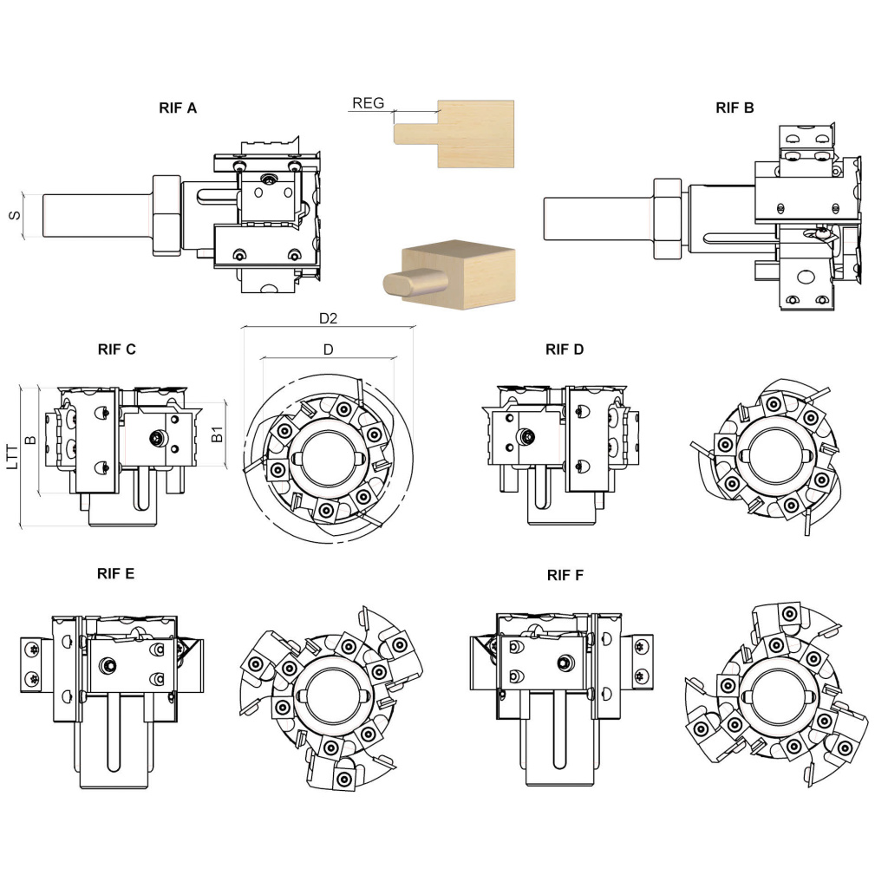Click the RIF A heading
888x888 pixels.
178,108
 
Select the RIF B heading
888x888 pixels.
735,108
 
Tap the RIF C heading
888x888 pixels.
116,349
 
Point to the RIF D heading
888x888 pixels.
565,349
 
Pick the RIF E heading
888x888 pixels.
115,573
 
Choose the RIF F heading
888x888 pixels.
565,574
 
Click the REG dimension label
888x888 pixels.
368,103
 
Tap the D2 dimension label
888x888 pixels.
328,318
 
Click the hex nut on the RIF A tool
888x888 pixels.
165,215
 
